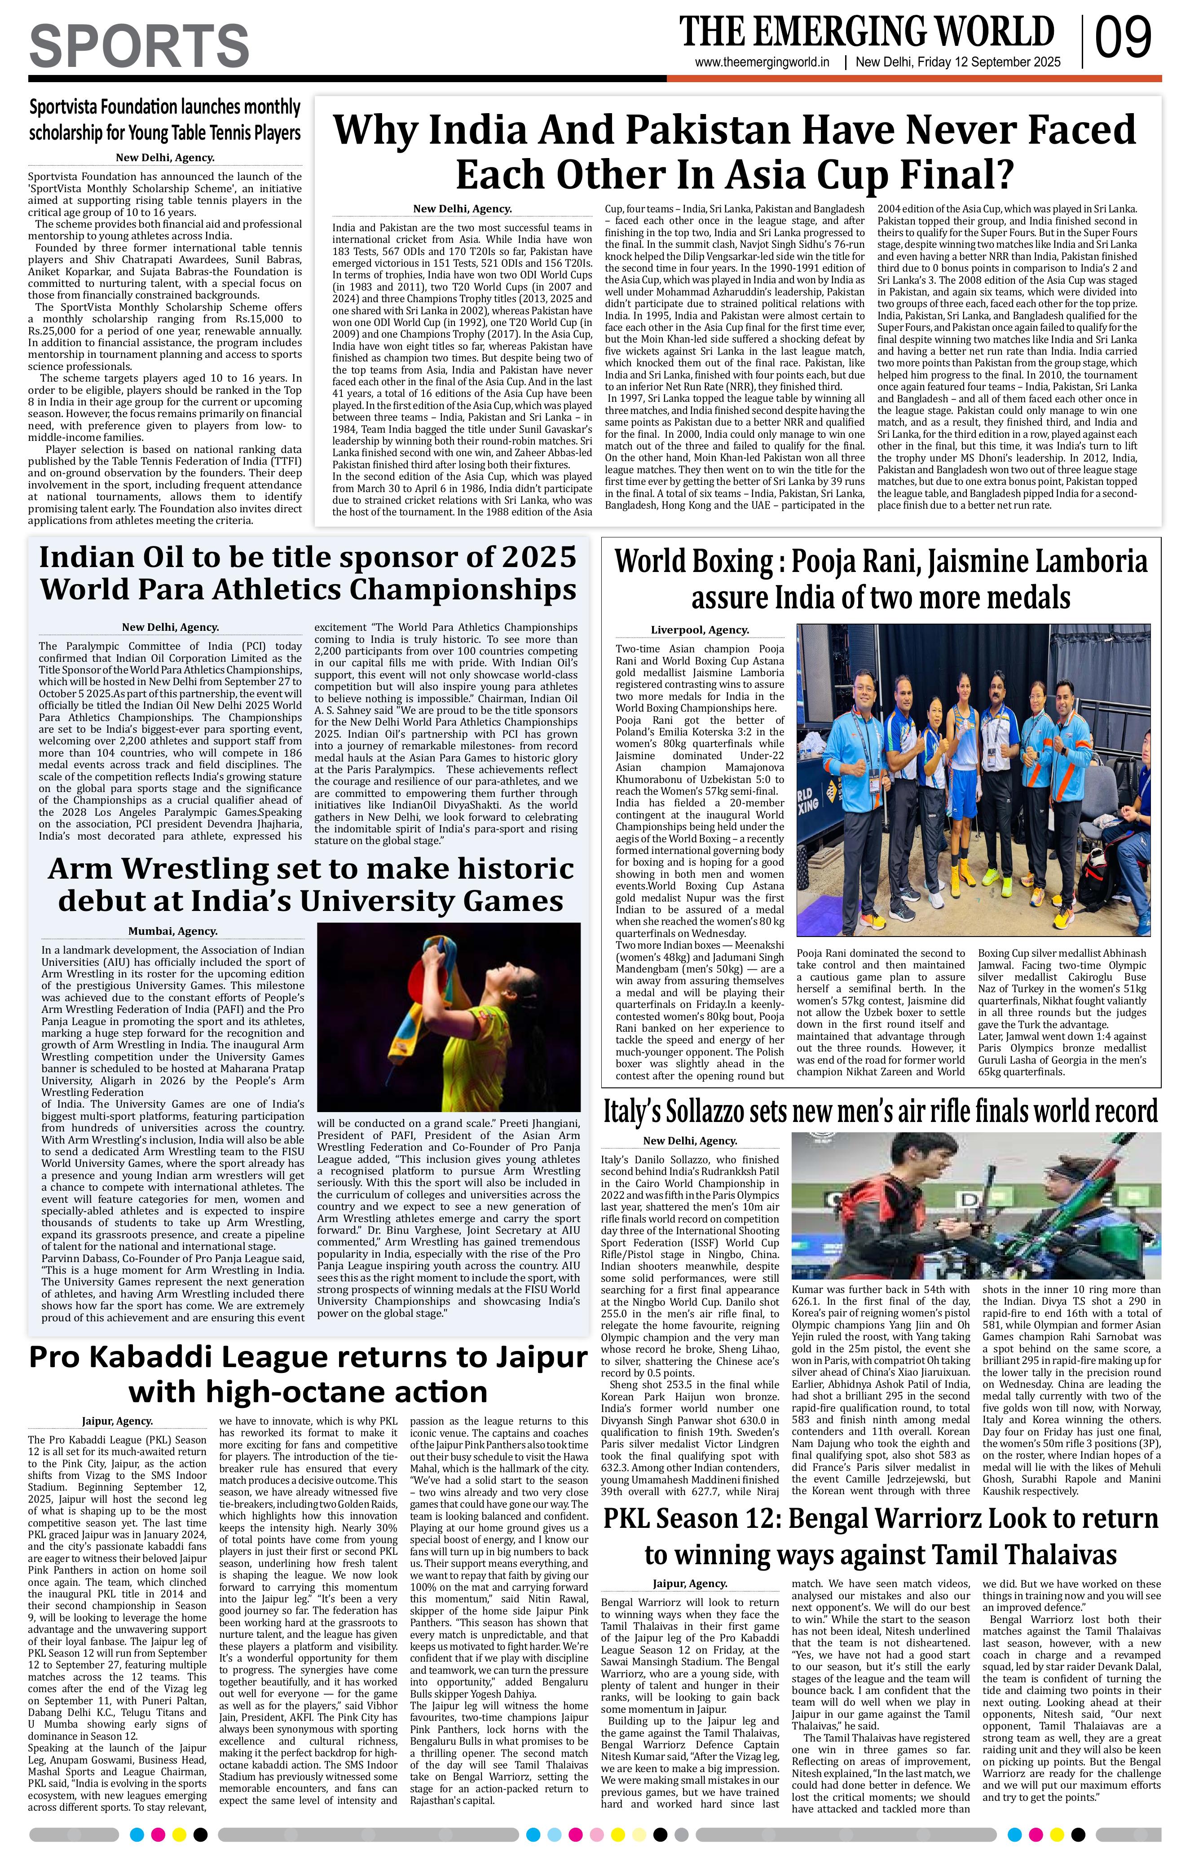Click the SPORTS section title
pyautogui.click(x=139, y=46)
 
